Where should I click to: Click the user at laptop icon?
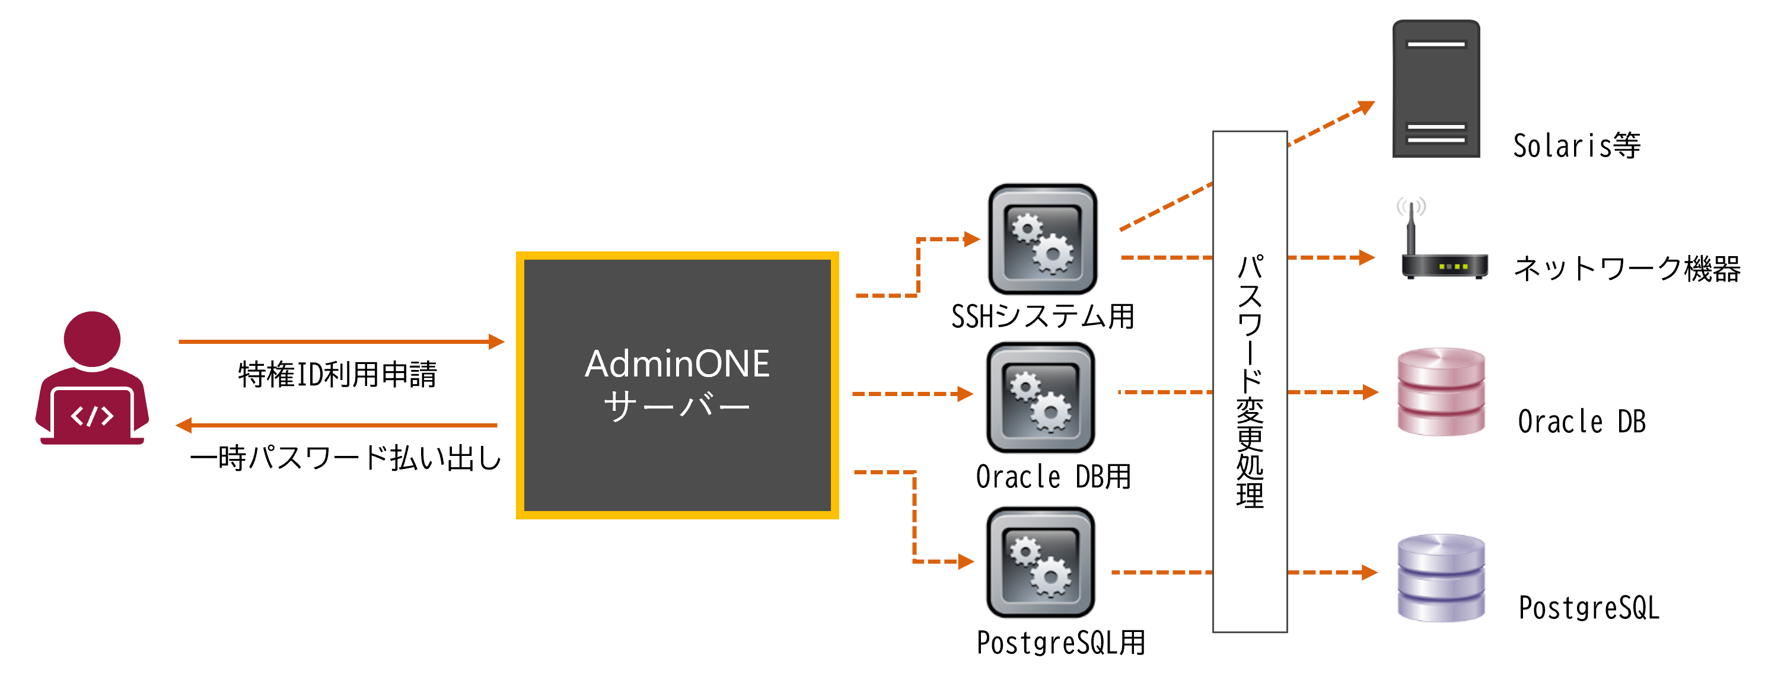92,379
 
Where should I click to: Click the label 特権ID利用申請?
337,375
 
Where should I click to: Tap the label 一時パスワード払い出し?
346,458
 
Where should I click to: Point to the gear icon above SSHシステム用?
1042,239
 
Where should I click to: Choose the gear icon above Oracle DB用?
1040,397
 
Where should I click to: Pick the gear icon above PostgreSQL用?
1040,561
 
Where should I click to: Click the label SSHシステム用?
1042,317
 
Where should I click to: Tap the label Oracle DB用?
1053,477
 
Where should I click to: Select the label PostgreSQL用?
1060,643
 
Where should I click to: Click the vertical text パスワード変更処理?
1249,381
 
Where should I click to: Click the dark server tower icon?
1435,89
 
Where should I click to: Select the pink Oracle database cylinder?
1441,392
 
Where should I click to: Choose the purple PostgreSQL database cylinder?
1441,578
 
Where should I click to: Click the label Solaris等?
1576,146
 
